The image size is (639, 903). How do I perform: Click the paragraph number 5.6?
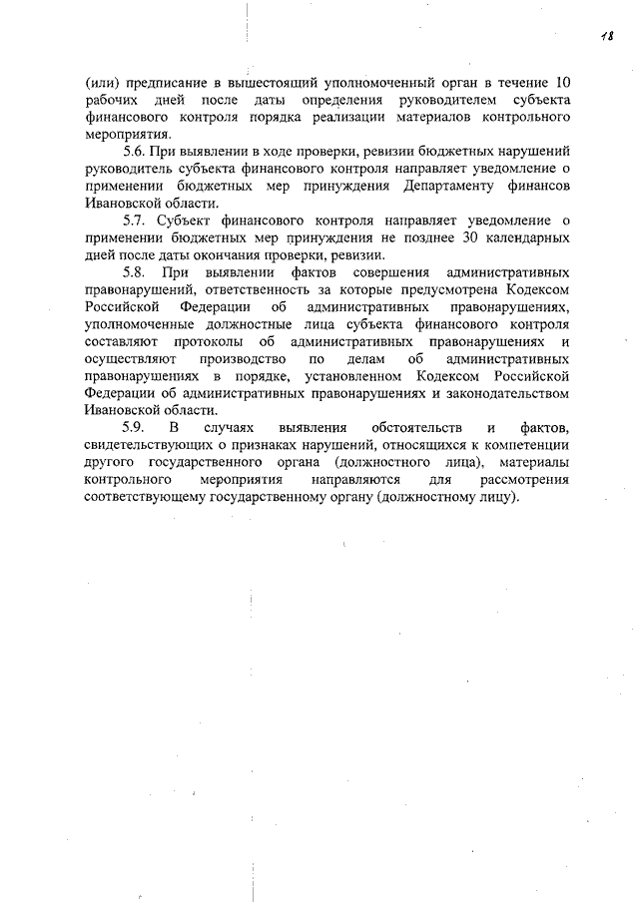coord(134,151)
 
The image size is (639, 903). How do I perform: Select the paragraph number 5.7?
coord(134,220)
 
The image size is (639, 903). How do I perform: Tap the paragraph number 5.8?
coord(134,271)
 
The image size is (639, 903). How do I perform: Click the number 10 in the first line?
coord(562,82)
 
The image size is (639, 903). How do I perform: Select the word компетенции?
coord(525,445)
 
